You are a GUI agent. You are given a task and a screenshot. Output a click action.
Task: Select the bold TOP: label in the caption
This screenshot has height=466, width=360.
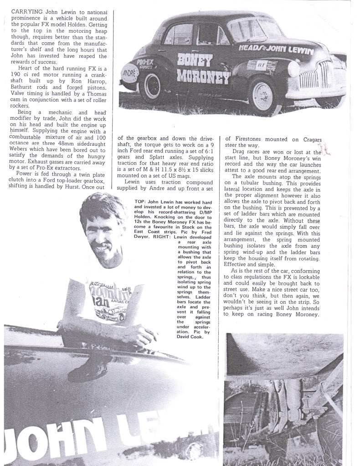click(x=141, y=201)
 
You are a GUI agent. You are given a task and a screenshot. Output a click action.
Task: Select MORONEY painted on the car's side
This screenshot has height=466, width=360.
click(x=203, y=77)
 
